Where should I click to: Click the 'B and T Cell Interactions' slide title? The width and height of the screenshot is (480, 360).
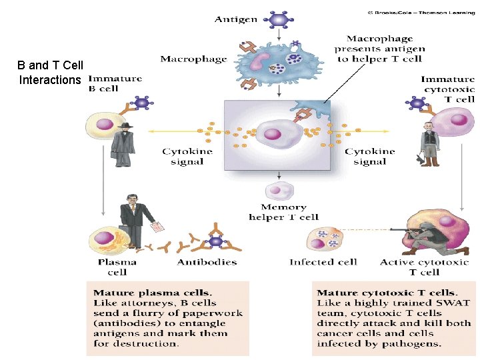pos(50,73)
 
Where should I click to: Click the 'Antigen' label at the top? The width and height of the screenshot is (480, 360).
pos(235,19)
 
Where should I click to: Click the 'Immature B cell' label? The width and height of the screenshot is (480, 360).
pos(115,83)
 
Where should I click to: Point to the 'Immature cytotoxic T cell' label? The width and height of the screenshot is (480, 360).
pos(447,89)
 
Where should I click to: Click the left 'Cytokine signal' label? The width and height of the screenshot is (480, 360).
pos(187,157)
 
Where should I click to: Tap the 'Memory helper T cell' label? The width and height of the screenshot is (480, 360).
pos(283,212)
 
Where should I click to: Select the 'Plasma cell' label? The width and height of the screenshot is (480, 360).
pos(117,267)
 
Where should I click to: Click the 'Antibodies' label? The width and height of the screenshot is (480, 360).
pos(207,262)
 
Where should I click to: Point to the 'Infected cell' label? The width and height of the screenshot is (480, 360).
pos(323,262)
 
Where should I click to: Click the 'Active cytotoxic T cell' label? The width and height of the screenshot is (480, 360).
pos(424,267)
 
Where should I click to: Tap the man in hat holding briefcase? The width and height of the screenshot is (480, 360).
pos(123,141)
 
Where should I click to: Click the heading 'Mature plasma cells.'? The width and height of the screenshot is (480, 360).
pos(153,293)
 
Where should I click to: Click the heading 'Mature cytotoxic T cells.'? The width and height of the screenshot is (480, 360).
pos(387,293)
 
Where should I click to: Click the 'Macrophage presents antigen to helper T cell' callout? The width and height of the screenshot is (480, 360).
pos(379,49)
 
